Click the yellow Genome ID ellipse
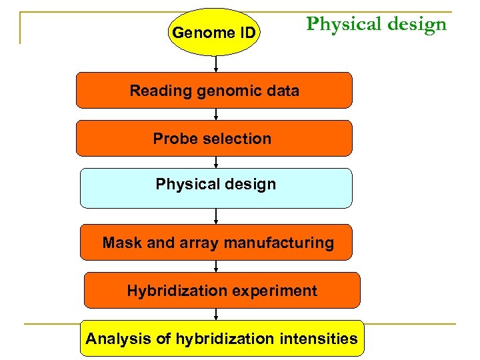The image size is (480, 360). [x=214, y=32]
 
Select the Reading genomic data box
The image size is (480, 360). [x=214, y=91]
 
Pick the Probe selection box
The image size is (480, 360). [x=214, y=139]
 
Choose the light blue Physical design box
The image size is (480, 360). [x=215, y=187]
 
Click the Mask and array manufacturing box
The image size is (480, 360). [x=217, y=243]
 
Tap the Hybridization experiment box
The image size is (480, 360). [x=222, y=291]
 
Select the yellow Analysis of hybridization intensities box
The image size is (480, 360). [x=221, y=339]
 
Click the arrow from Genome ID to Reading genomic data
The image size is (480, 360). [x=216, y=64]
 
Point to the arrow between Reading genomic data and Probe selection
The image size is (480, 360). [x=216, y=114]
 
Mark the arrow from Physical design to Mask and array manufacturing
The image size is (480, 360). [x=216, y=216]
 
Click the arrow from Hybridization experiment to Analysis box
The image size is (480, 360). [x=216, y=314]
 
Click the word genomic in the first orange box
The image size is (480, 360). [x=229, y=91]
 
